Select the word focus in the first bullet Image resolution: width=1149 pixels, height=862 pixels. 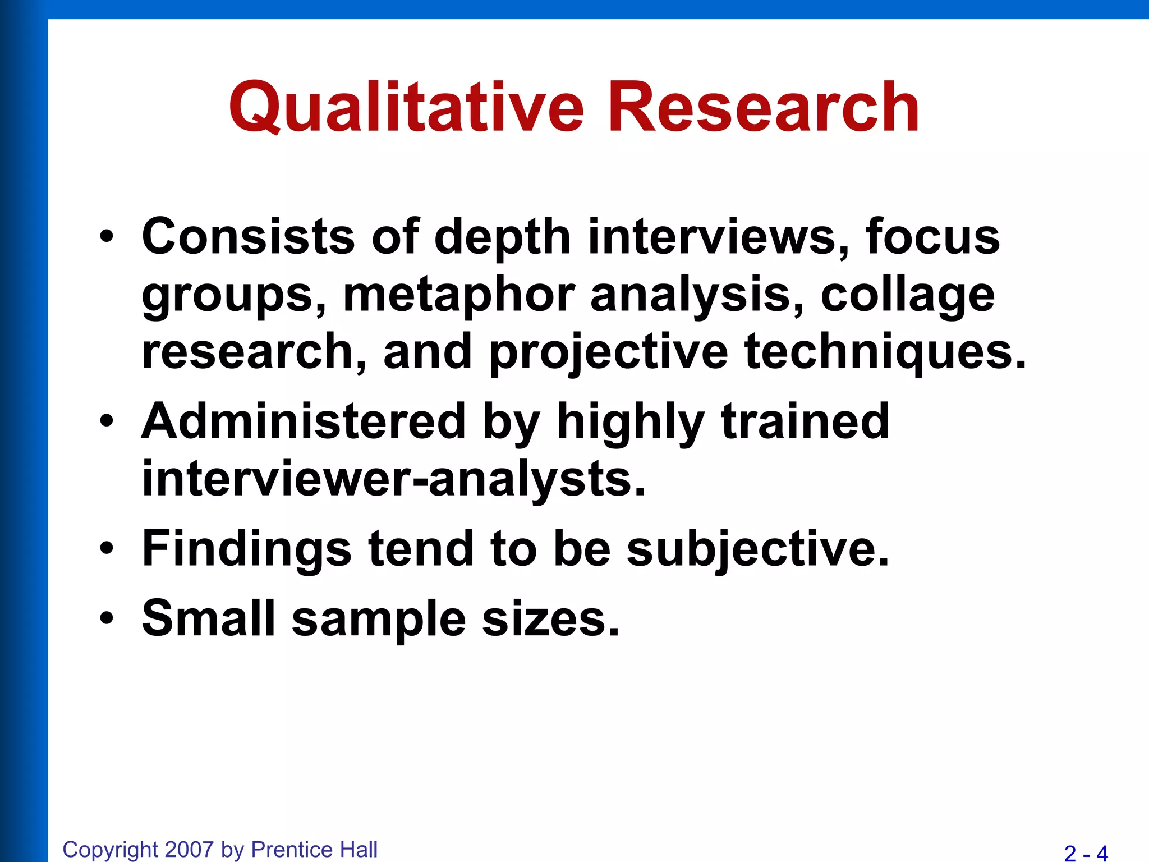932,237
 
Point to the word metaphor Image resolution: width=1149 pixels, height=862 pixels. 459,296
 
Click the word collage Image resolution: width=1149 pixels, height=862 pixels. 908,296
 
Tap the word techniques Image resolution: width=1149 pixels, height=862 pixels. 885,352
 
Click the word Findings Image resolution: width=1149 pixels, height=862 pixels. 247,549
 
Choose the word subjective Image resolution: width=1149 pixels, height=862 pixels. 757,549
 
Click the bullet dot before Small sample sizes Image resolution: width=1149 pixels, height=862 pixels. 107,618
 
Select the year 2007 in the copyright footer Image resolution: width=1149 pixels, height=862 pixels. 190,850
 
